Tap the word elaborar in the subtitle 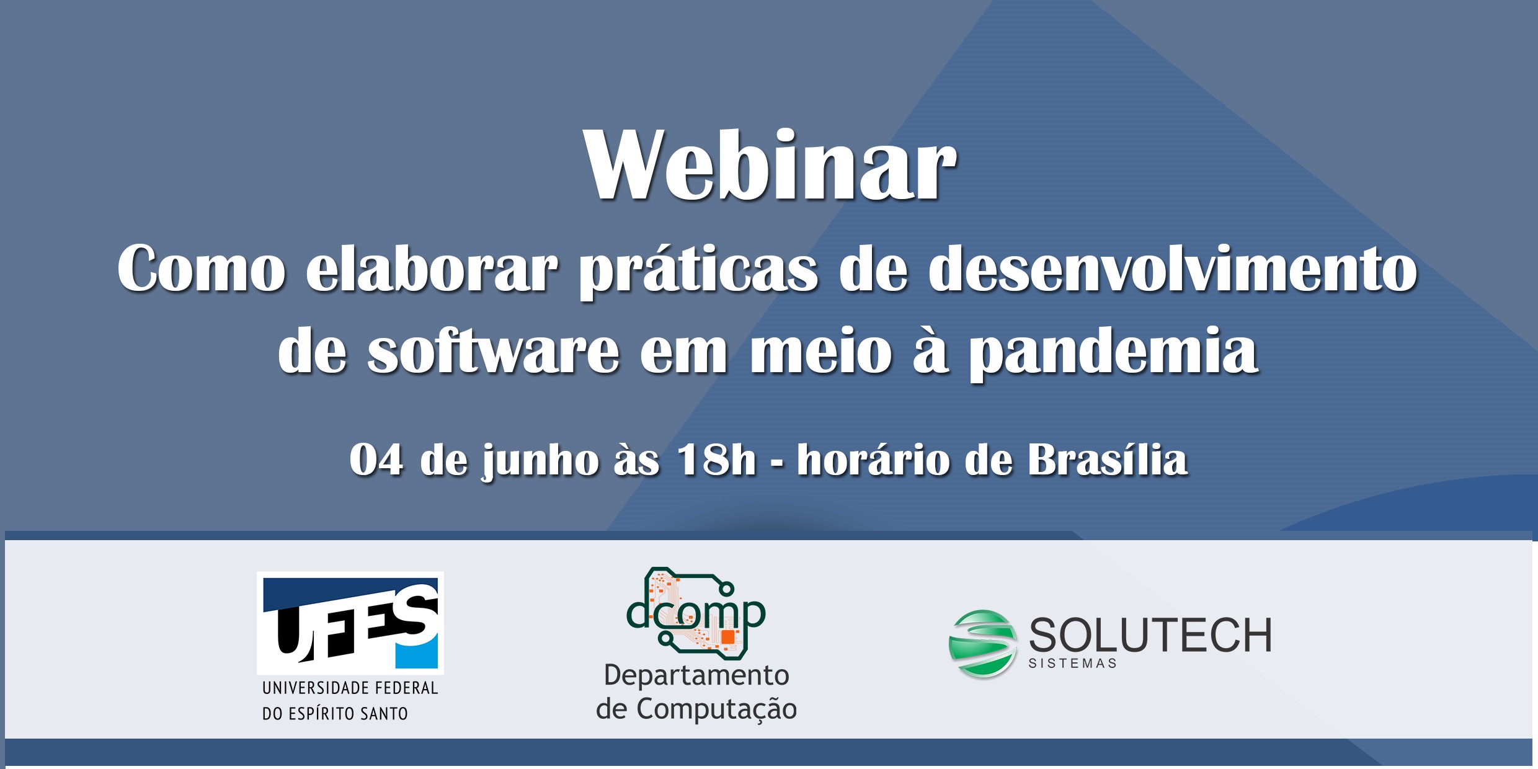click(x=432, y=268)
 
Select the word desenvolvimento click(x=1173, y=268)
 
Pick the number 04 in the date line click(x=376, y=460)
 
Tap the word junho click(x=540, y=463)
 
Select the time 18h click(x=717, y=460)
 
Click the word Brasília click(x=1108, y=460)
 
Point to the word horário click(x=874, y=460)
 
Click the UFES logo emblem click(x=350, y=623)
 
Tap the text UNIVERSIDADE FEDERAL click(x=350, y=688)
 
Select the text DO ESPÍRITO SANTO click(x=335, y=713)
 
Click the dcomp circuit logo click(x=696, y=613)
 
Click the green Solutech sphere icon click(x=982, y=644)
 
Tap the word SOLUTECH click(x=1150, y=635)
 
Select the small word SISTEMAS click(x=1072, y=664)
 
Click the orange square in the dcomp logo click(x=727, y=637)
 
